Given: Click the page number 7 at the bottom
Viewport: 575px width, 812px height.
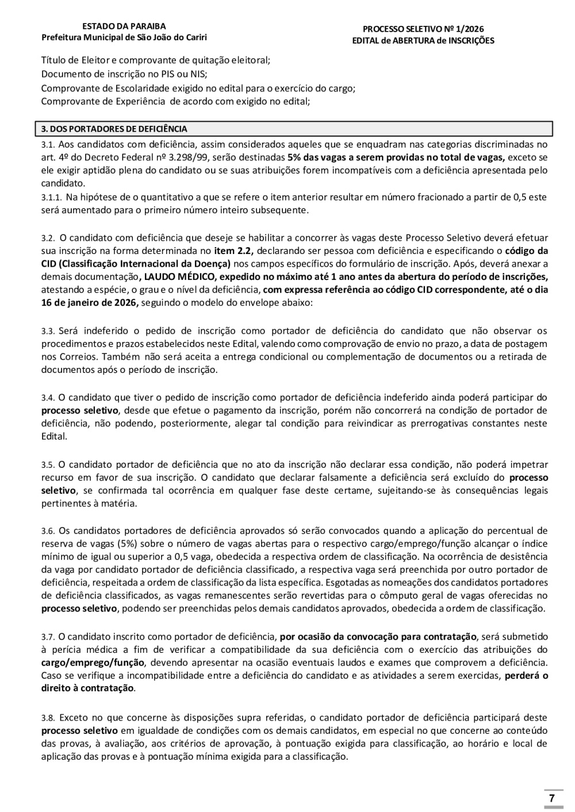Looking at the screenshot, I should pyautogui.click(x=551, y=798).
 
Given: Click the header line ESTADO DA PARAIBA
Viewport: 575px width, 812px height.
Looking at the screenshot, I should pyautogui.click(x=124, y=26).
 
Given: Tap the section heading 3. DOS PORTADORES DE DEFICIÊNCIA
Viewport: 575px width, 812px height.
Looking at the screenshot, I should pyautogui.click(x=114, y=129).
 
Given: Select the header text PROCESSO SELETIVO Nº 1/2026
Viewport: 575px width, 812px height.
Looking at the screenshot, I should pyautogui.click(x=423, y=29).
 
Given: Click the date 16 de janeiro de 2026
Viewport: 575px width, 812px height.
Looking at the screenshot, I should pyautogui.click(x=89, y=302).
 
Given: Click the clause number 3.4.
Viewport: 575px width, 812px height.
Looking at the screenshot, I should pyautogui.click(x=48, y=398).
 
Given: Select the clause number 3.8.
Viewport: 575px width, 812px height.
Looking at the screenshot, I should pyautogui.click(x=48, y=718).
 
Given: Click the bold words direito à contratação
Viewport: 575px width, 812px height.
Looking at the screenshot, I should pyautogui.click(x=87, y=688).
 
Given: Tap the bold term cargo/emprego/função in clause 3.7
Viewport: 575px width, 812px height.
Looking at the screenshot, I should pyautogui.click(x=85, y=662).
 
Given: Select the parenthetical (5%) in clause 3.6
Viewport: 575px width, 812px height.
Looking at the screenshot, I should pyautogui.click(x=126, y=544).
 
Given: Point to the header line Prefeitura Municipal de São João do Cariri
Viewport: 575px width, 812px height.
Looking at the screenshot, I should pyautogui.click(x=124, y=38).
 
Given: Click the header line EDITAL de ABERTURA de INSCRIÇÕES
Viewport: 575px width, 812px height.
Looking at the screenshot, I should pyautogui.click(x=423, y=41).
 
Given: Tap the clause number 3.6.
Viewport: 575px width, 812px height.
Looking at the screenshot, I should pyautogui.click(x=48, y=531).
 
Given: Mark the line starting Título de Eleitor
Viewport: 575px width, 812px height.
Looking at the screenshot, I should pyautogui.click(x=155, y=60).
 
